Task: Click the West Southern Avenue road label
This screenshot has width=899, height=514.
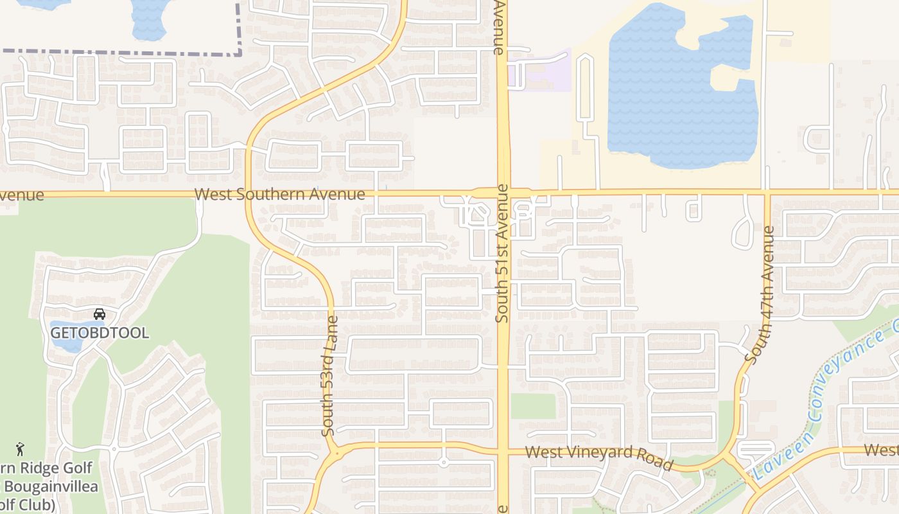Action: (x=279, y=194)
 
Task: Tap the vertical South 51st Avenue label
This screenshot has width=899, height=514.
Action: (x=502, y=253)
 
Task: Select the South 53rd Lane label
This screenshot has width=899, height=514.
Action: (x=329, y=376)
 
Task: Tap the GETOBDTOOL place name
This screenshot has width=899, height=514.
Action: (x=100, y=333)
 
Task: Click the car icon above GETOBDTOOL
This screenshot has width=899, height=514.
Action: (x=100, y=314)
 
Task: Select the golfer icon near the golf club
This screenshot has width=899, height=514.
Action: (x=20, y=448)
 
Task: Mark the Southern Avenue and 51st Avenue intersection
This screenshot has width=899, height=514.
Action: (x=503, y=192)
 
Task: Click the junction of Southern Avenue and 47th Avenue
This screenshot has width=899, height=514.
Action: (x=766, y=192)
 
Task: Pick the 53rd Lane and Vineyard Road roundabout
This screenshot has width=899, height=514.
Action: (x=335, y=454)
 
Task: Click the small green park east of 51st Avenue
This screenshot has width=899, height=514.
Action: (x=533, y=406)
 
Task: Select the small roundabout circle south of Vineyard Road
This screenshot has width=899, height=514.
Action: (x=444, y=462)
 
